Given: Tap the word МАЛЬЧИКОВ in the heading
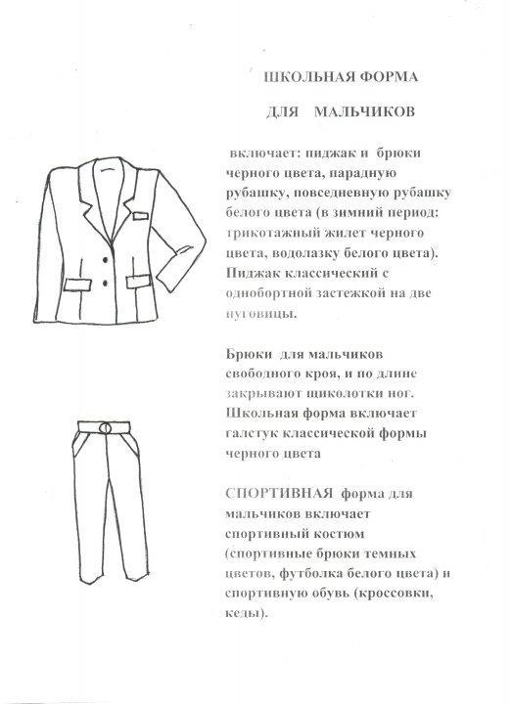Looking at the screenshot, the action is [369, 111].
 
